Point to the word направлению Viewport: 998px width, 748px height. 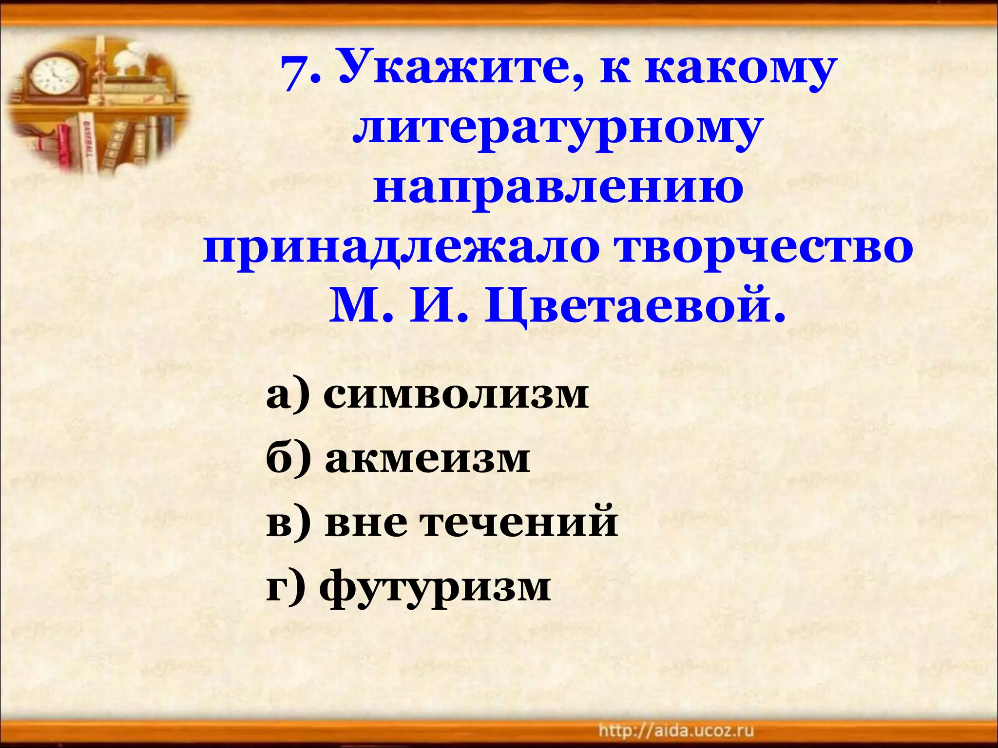click(558, 190)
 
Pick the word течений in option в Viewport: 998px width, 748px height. click(519, 524)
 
